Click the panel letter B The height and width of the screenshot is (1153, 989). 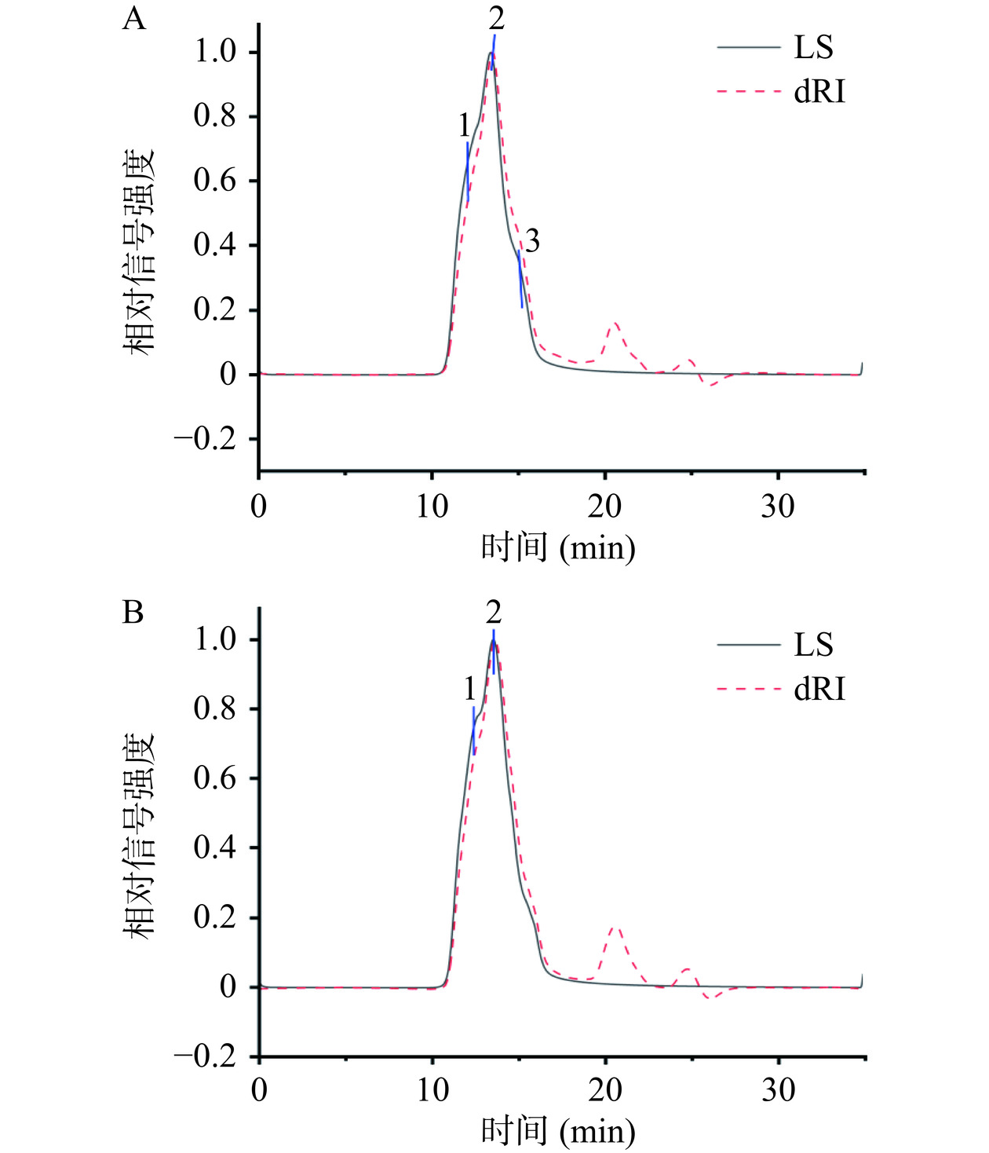pyautogui.click(x=133, y=613)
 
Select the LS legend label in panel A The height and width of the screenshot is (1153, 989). pyautogui.click(x=813, y=48)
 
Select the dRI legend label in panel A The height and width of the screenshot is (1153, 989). pyautogui.click(x=819, y=93)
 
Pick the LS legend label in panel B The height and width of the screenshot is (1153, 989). pyautogui.click(x=813, y=645)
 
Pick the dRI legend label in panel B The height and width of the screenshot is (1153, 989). pyautogui.click(x=819, y=690)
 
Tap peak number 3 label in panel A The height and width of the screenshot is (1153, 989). pyautogui.click(x=532, y=242)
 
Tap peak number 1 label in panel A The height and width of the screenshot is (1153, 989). pyautogui.click(x=465, y=126)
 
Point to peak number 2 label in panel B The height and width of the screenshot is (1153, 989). pyautogui.click(x=493, y=612)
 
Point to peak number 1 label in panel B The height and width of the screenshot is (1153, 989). pyautogui.click(x=469, y=690)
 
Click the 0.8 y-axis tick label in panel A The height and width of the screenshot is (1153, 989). pyautogui.click(x=214, y=116)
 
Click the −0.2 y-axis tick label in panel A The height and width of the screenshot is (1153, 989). pyautogui.click(x=205, y=439)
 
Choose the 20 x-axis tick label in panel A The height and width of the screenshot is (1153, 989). pyautogui.click(x=604, y=507)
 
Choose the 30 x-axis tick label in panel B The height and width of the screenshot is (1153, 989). pyautogui.click(x=778, y=1090)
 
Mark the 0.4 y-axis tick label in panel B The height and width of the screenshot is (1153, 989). pyautogui.click(x=214, y=848)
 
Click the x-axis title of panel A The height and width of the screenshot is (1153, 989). pyautogui.click(x=558, y=547)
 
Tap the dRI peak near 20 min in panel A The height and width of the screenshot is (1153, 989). pyautogui.click(x=615, y=323)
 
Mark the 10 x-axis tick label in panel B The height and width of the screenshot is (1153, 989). pyautogui.click(x=432, y=1090)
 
